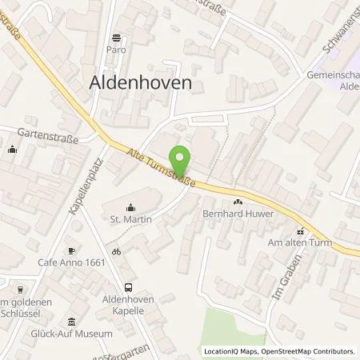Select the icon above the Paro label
118,37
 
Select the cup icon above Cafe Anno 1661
71,250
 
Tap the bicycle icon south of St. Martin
117,251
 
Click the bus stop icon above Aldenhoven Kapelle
128,286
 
